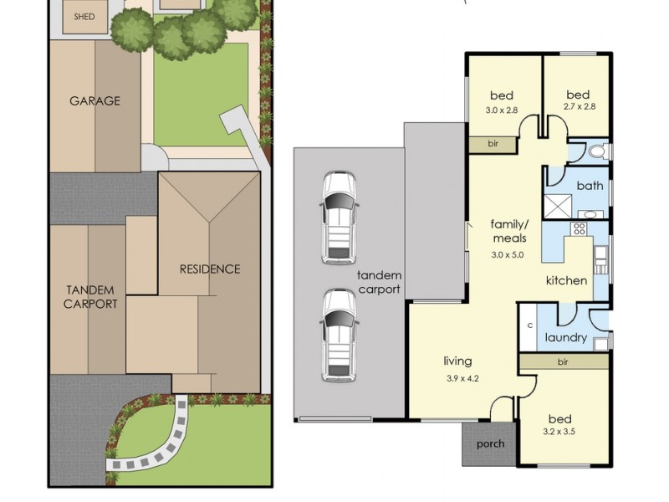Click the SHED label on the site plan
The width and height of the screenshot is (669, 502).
84,17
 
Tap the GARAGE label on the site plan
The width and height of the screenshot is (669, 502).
94,100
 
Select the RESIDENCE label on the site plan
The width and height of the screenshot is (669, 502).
210,269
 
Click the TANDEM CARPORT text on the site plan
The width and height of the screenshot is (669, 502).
90,297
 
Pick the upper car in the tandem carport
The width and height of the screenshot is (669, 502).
339,218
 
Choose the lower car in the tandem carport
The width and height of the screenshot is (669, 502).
340,336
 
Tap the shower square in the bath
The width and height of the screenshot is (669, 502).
557,206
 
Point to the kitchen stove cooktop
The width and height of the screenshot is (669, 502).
579,228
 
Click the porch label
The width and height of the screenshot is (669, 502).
490,444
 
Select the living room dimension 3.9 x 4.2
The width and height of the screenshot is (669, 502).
462,378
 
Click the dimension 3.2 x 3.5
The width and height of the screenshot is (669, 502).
559,432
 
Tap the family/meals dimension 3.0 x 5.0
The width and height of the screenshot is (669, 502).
508,255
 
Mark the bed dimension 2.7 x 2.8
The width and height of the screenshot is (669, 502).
579,107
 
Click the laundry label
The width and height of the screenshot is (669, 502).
566,338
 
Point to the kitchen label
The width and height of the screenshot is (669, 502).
567,280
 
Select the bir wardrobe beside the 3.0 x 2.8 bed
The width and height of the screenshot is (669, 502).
493,144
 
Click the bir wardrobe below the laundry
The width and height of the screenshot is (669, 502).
564,362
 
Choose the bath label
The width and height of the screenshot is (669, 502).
590,186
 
